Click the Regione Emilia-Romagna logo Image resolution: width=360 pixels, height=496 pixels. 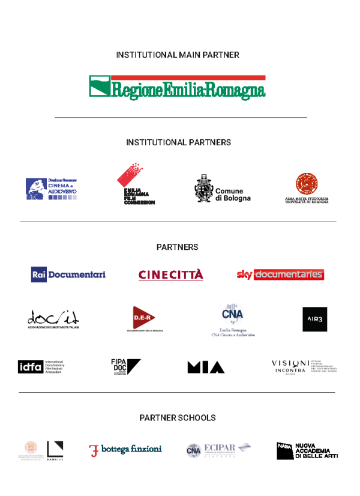177,87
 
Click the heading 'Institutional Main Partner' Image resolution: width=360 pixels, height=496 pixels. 178,55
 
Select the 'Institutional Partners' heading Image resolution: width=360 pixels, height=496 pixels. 178,143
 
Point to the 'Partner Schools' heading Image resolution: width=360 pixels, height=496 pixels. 178,417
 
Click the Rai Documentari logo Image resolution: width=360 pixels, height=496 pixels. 69,274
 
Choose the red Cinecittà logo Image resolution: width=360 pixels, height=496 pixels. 171,275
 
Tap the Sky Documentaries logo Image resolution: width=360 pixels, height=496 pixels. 281,274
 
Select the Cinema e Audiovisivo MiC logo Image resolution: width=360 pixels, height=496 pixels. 52,189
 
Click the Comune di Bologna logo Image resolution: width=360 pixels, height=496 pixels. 222,189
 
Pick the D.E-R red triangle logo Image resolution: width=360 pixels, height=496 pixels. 144,318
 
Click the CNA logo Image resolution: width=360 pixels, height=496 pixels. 233,319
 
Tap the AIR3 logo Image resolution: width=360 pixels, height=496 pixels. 315,319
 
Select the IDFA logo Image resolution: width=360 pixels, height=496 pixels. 41,367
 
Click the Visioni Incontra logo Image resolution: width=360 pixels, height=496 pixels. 304,367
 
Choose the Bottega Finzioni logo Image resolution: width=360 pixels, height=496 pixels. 125,450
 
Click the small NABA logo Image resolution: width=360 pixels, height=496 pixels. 284,446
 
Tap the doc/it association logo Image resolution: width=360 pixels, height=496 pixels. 53,318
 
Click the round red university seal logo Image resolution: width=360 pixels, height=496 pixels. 307,184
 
